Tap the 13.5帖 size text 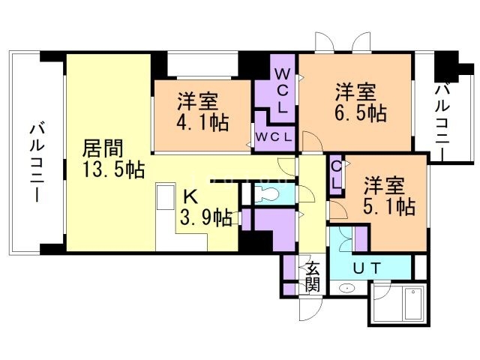[x=113, y=170]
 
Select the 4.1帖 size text [x=203, y=121]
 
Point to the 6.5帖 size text [x=361, y=114]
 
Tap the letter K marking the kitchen [x=190, y=197]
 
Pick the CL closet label [x=337, y=175]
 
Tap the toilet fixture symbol [x=265, y=195]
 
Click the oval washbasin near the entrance [x=347, y=289]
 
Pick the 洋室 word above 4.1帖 [x=198, y=99]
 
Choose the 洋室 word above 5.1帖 [x=385, y=184]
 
